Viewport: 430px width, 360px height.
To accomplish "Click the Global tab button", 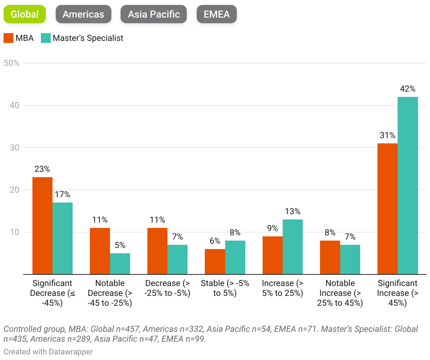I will pyautogui.click(x=25, y=14).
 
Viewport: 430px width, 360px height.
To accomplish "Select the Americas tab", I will pyautogui.click(x=83, y=14).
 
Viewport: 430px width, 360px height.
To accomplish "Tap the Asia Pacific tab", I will pyautogui.click(x=154, y=14).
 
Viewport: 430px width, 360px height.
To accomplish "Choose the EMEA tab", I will pyautogui.click(x=216, y=14).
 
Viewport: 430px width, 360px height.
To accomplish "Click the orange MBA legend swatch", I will pyautogui.click(x=8, y=38).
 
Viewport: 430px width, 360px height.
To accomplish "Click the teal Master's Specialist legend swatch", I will pyautogui.click(x=46, y=38).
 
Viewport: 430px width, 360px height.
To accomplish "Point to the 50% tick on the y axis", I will pyautogui.click(x=11, y=63).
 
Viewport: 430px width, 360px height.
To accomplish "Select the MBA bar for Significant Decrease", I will pyautogui.click(x=42, y=225).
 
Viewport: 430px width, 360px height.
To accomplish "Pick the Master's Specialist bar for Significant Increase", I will pyautogui.click(x=407, y=185).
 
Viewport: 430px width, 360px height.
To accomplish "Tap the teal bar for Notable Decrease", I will pyautogui.click(x=120, y=263).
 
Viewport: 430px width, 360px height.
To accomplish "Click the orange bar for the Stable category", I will pyautogui.click(x=215, y=261).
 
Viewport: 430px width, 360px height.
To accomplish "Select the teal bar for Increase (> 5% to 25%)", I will pyautogui.click(x=293, y=247).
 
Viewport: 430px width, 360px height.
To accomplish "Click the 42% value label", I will pyautogui.click(x=407, y=89).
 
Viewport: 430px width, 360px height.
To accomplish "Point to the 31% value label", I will pyautogui.click(x=387, y=135).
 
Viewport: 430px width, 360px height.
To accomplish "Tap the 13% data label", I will pyautogui.click(x=293, y=211).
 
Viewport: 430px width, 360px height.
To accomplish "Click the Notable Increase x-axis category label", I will pyautogui.click(x=340, y=293).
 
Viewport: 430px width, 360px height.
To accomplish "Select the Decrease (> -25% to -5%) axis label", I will pyautogui.click(x=167, y=288).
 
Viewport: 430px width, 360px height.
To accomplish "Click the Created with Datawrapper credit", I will pyautogui.click(x=48, y=352).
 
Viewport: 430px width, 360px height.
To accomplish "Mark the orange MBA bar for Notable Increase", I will pyautogui.click(x=330, y=257).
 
